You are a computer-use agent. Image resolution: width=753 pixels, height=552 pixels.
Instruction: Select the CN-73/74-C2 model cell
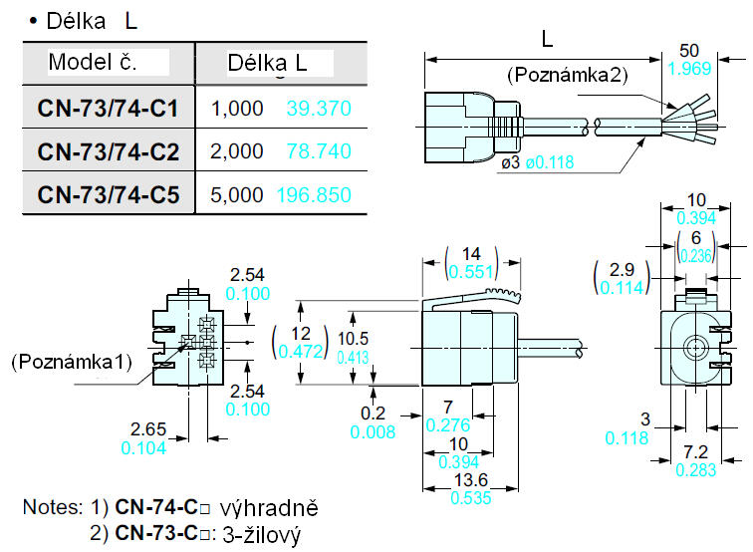tap(108, 151)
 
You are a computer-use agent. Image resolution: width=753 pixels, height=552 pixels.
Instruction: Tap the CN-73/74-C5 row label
tap(108, 195)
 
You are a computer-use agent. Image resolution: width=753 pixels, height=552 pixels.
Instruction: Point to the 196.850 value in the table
tap(319, 195)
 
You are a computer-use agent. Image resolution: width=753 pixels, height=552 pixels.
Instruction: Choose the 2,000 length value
tap(238, 151)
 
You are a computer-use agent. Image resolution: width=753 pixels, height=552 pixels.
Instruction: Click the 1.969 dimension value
tap(688, 69)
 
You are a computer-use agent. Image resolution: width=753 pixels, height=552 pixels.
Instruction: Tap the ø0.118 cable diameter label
tap(550, 162)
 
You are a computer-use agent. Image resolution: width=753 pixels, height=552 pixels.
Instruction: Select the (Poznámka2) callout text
tap(568, 75)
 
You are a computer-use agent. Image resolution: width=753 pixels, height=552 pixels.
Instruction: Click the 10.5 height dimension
tap(353, 339)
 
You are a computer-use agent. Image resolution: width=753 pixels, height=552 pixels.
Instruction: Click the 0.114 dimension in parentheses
tap(622, 286)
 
